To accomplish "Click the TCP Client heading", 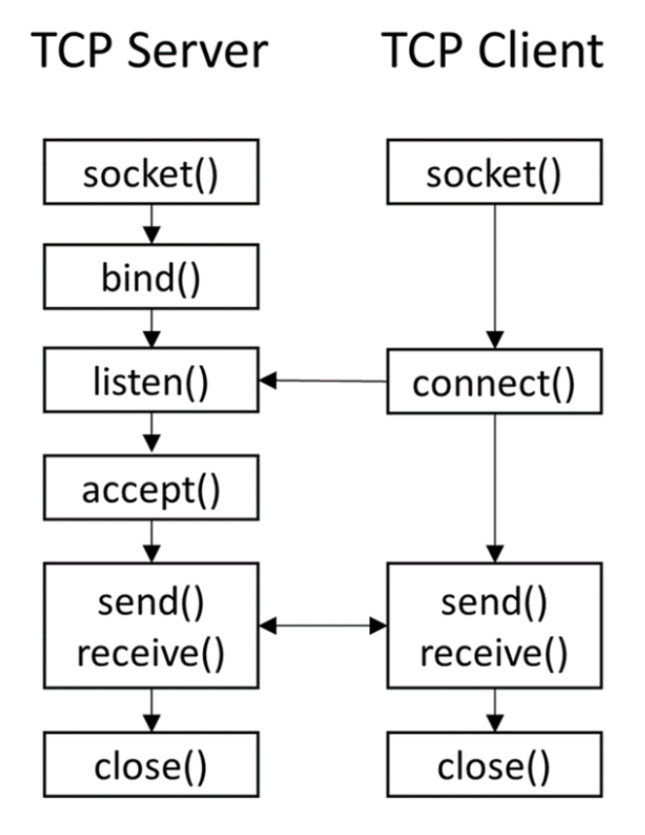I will point(492,50).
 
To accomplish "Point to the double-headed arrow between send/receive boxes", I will point(323,626).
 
